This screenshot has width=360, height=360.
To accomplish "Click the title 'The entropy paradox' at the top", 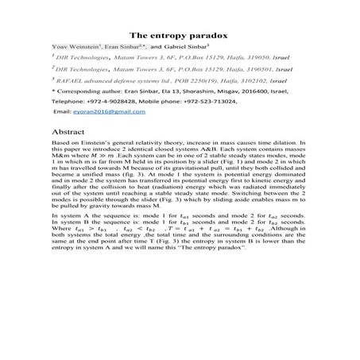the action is coord(180,36).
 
